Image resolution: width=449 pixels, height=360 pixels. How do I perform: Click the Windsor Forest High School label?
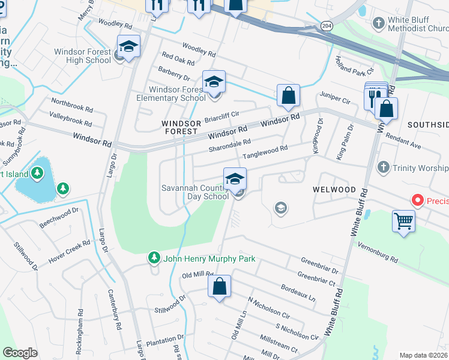(x=83, y=56)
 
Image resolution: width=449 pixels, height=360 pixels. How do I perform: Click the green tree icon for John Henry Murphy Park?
(x=154, y=258)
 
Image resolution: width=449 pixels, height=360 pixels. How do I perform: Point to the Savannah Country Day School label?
(x=194, y=192)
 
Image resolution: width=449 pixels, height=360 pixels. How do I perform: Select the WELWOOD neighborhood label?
(x=334, y=189)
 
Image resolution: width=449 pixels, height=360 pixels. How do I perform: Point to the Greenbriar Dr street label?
(x=319, y=266)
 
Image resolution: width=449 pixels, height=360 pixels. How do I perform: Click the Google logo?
(x=20, y=353)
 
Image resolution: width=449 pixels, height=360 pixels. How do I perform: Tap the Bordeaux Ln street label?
(x=298, y=291)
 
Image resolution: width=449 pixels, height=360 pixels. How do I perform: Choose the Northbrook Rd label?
(x=72, y=106)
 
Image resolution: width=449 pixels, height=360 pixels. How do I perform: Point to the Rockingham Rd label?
(x=80, y=325)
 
